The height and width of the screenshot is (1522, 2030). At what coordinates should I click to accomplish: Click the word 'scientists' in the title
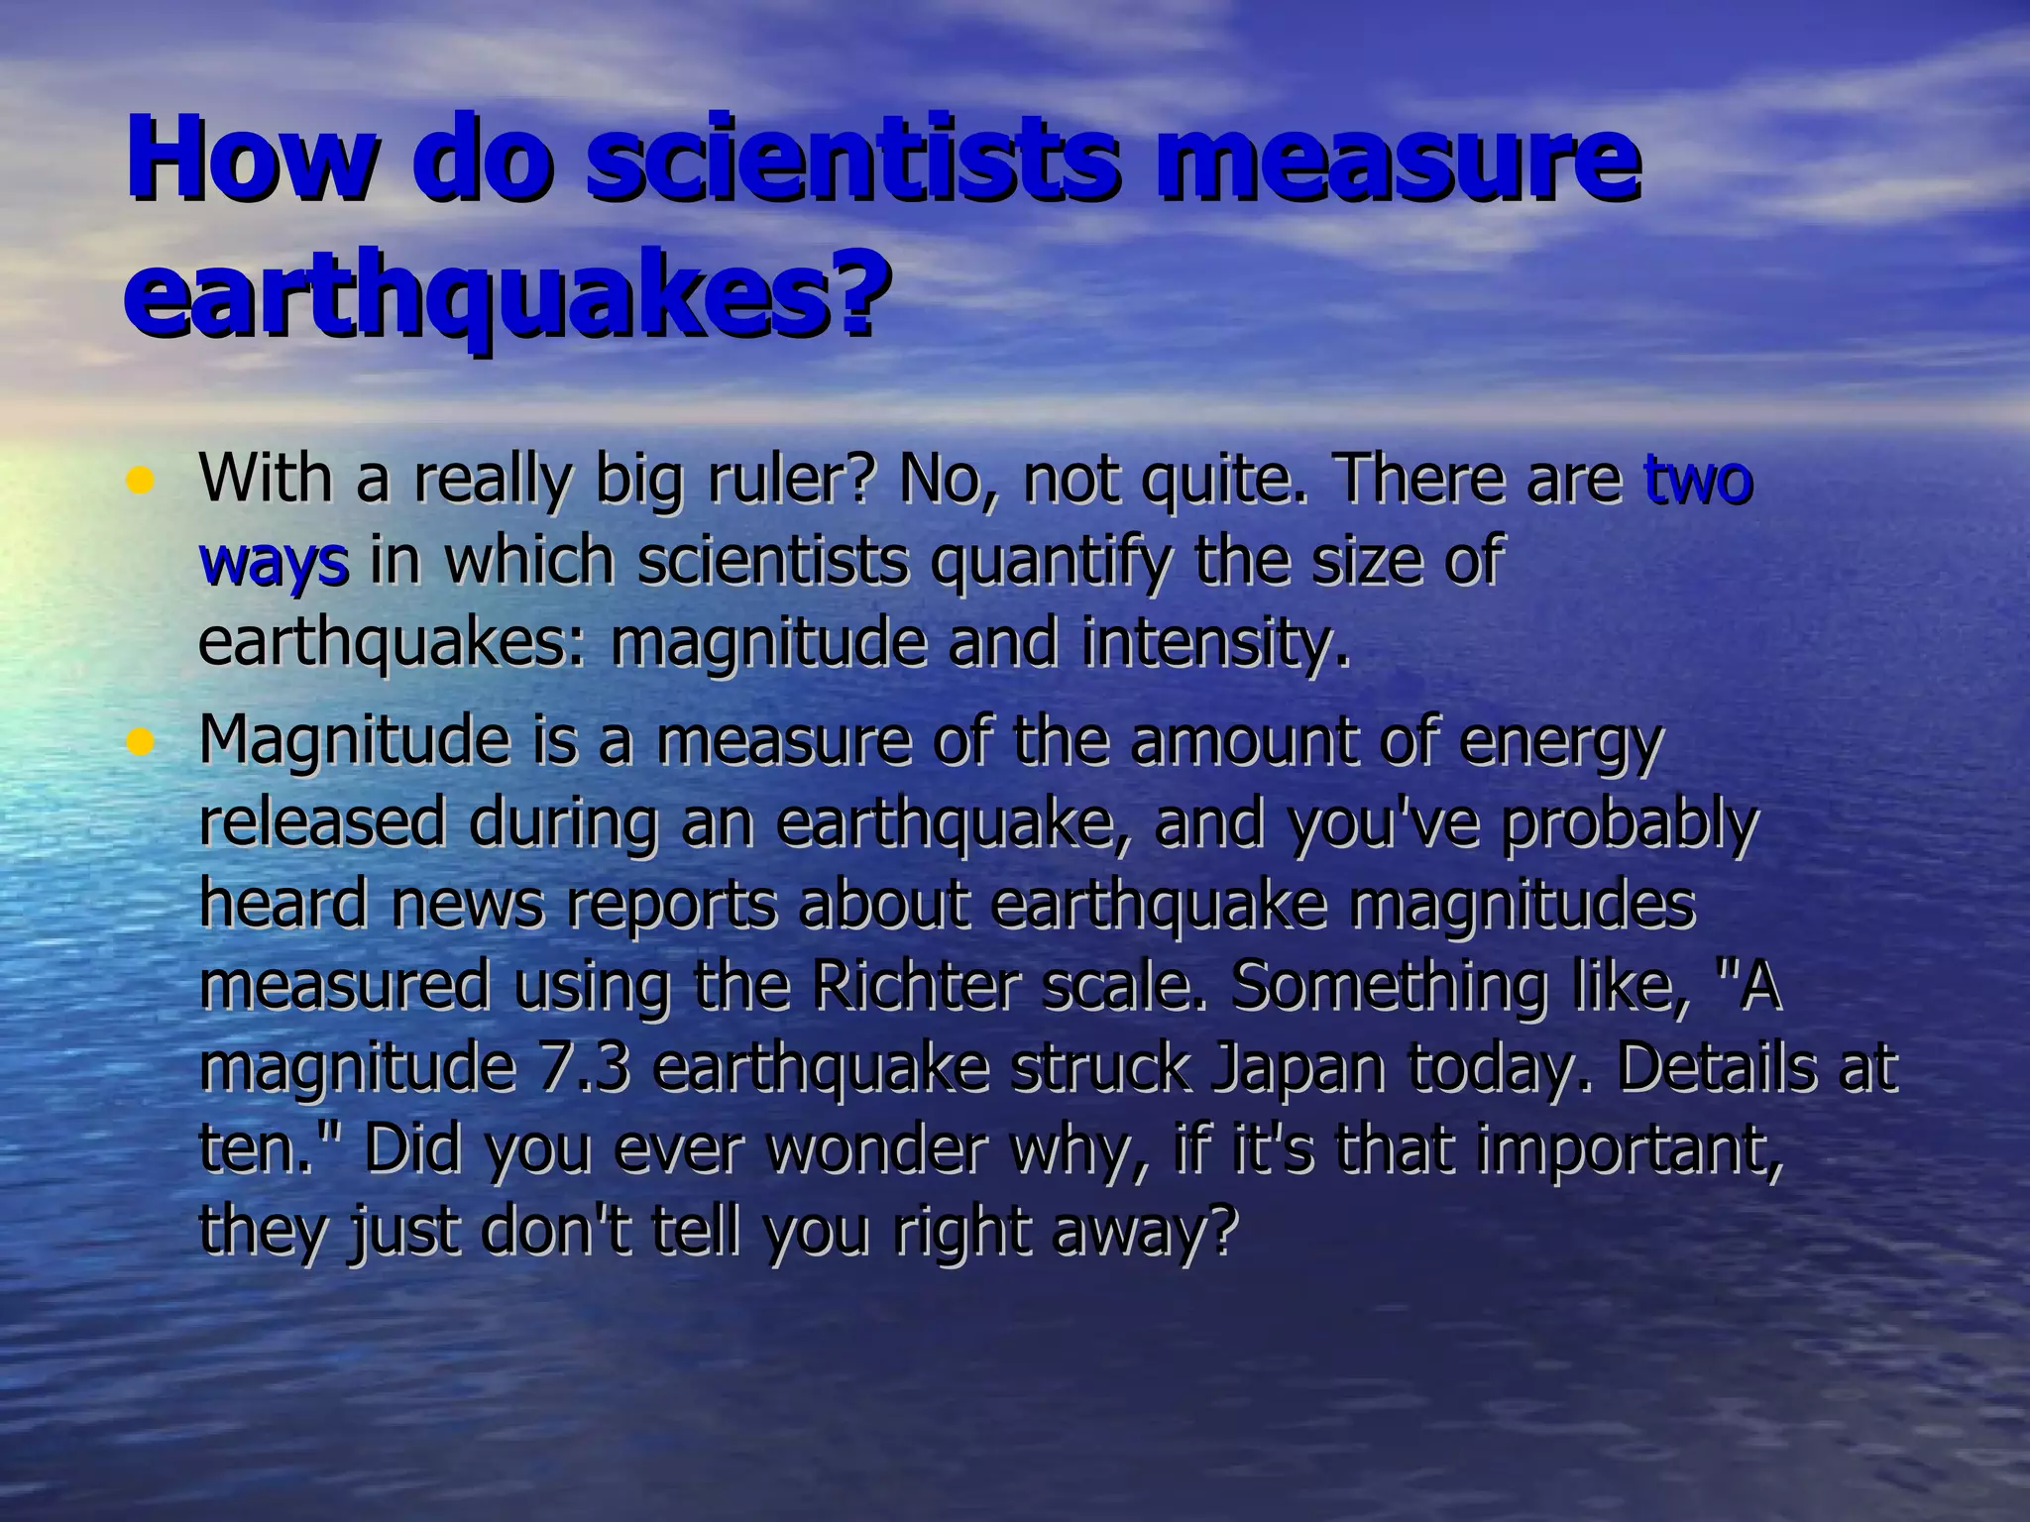(x=857, y=159)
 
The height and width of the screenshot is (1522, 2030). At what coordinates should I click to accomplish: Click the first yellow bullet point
(x=141, y=483)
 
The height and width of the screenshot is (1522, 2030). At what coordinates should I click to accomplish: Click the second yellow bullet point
(x=141, y=742)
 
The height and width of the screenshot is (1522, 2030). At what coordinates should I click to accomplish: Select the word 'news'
(x=467, y=906)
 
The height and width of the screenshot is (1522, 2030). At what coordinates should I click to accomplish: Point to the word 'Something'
(x=1388, y=988)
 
